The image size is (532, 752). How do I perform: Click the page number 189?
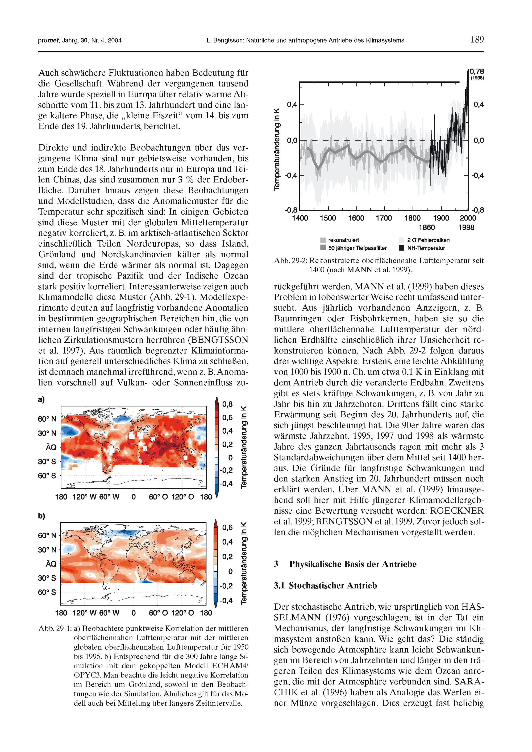pyautogui.click(x=477, y=40)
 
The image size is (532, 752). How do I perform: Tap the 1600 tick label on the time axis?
pyautogui.click(x=356, y=218)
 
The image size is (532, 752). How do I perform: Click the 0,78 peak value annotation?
pyautogui.click(x=477, y=71)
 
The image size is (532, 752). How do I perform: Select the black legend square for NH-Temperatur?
pyautogui.click(x=401, y=248)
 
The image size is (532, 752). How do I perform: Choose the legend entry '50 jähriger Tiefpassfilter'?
pyautogui.click(x=357, y=248)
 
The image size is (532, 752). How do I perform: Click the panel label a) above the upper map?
pyautogui.click(x=41, y=399)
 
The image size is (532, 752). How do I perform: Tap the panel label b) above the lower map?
pyautogui.click(x=41, y=516)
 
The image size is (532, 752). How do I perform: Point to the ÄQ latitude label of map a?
pyautogui.click(x=51, y=447)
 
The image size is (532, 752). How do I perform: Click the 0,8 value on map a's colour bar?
pyautogui.click(x=227, y=404)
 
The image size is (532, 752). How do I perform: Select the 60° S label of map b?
pyautogui.click(x=47, y=592)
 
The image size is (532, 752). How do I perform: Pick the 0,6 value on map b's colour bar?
pyautogui.click(x=227, y=527)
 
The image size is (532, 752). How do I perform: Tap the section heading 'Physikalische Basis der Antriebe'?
pyautogui.click(x=352, y=564)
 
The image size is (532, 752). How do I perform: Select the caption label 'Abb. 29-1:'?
pyautogui.click(x=55, y=628)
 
